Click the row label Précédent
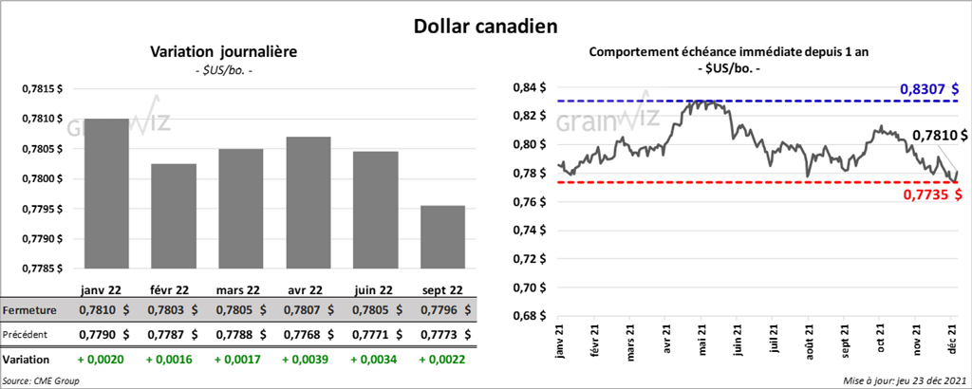pos(28,334)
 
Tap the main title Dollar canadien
pos(485,26)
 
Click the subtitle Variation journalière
pos(224,53)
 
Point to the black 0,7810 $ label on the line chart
pos(939,136)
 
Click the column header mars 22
pos(238,288)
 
